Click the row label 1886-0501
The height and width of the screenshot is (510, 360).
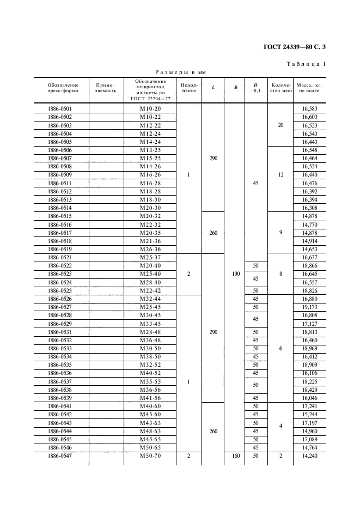coord(60,109)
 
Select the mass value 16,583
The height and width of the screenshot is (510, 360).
coord(309,109)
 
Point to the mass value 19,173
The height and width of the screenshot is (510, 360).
coord(309,307)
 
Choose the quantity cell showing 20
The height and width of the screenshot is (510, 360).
coord(280,125)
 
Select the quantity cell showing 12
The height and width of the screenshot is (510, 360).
coord(280,175)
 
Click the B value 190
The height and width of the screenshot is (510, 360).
coord(235,274)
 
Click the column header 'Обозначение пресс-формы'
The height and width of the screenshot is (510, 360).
coord(63,88)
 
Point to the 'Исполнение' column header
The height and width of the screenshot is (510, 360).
coord(189,88)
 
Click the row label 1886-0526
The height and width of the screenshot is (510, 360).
coord(60,299)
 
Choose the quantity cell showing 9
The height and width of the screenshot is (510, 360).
coord(280,233)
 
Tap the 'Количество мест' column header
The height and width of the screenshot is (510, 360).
coord(282,88)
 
